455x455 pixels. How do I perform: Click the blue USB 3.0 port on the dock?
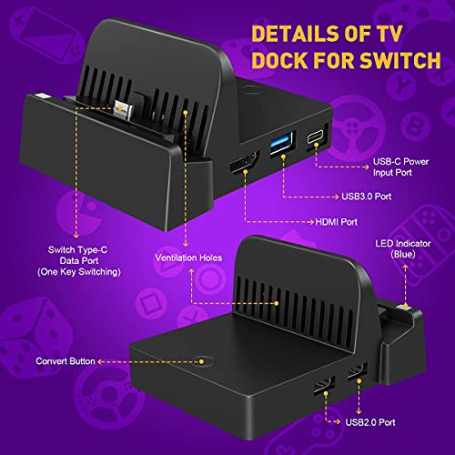tap(282, 143)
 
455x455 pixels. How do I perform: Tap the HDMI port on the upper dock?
tap(245, 164)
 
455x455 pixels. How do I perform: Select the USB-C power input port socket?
tap(316, 137)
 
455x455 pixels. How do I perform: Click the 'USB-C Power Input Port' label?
tap(400, 167)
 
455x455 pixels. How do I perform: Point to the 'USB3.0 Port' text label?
tap(367, 197)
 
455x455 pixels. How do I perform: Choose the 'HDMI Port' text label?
tap(336, 222)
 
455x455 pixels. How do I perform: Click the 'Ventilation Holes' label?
tap(188, 258)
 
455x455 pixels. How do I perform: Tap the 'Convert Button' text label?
tap(66, 361)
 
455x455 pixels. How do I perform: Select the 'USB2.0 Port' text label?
tap(370, 422)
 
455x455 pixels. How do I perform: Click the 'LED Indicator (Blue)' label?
tap(403, 248)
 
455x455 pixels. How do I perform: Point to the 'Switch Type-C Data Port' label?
tap(79, 261)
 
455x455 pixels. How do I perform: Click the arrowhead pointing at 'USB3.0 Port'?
tap(336, 197)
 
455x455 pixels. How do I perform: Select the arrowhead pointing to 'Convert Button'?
tap(101, 361)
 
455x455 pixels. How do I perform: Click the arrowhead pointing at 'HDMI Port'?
tap(311, 222)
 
